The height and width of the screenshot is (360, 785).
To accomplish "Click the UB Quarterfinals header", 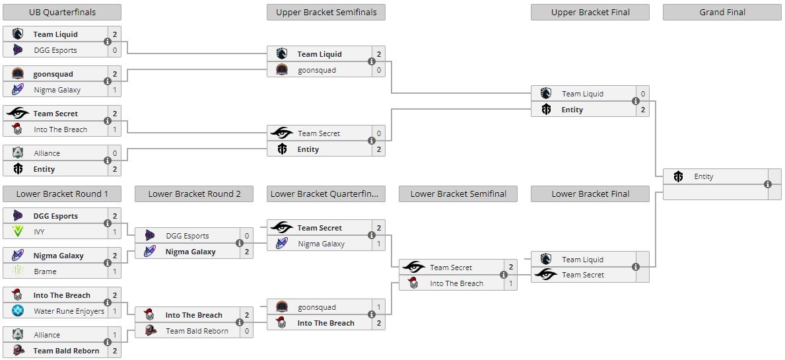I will tap(62, 12).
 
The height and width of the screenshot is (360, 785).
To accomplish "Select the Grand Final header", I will tap(722, 12).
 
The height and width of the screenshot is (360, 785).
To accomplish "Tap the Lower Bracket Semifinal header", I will tap(458, 194).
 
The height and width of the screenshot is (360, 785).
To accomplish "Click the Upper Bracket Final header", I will tap(590, 12).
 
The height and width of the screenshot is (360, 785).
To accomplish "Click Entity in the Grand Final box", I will tap(704, 176).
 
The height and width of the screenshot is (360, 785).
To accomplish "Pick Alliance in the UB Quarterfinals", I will tap(47, 153).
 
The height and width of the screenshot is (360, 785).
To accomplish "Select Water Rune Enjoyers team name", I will tap(69, 311).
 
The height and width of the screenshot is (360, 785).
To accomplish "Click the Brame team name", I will tap(45, 271).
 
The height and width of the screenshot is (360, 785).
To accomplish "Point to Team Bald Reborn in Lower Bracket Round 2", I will tap(197, 331).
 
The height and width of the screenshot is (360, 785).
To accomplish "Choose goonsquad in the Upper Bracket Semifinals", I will tap(316, 70).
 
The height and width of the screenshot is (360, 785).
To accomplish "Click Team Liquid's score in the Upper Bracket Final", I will tap(642, 94).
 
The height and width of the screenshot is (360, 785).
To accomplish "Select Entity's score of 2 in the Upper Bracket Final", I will tap(642, 110).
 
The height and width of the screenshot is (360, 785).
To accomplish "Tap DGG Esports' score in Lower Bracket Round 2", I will tap(247, 236).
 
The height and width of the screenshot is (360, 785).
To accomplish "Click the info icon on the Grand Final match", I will tap(767, 184).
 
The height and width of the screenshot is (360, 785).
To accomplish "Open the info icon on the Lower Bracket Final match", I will tap(635, 267).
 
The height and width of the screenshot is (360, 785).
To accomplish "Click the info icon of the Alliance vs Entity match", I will tap(107, 161).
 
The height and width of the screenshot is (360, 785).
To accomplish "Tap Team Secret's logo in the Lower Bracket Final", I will tap(546, 275).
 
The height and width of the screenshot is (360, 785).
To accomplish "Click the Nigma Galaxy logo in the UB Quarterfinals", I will tap(18, 90).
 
